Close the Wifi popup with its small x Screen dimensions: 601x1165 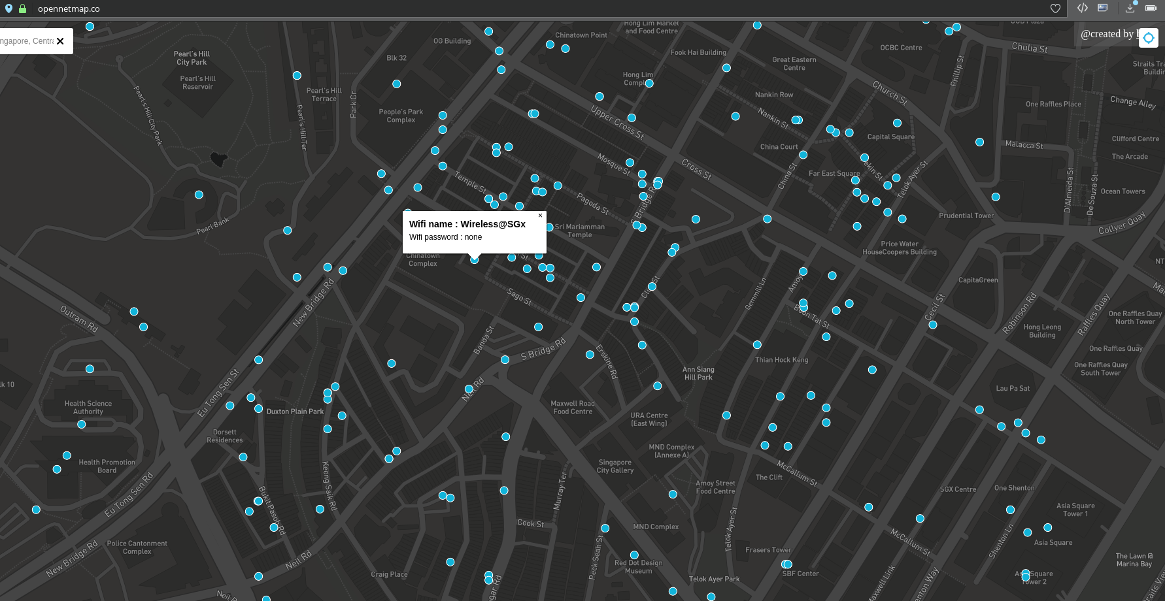[540, 216]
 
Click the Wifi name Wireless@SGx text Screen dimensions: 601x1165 [467, 224]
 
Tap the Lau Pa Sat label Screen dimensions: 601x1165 [1012, 388]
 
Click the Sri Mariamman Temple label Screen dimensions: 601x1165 [579, 231]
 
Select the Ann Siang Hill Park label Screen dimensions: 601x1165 [698, 373]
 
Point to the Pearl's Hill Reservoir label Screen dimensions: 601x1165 [197, 82]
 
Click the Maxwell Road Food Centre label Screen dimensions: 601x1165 [573, 408]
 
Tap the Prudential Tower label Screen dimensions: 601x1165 [966, 216]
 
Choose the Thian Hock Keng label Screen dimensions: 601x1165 [781, 360]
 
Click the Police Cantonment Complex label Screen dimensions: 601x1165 [137, 547]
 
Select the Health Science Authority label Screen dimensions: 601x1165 [88, 408]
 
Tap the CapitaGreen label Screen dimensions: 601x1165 [977, 280]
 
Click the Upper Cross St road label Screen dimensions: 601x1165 [617, 122]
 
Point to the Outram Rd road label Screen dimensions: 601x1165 [79, 318]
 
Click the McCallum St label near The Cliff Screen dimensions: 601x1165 [797, 472]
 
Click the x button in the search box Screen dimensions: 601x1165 [60, 41]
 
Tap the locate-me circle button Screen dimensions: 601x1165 [1148, 38]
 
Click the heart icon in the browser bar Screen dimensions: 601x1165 [1055, 8]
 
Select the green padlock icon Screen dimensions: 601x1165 [23, 9]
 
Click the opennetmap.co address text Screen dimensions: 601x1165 [69, 9]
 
